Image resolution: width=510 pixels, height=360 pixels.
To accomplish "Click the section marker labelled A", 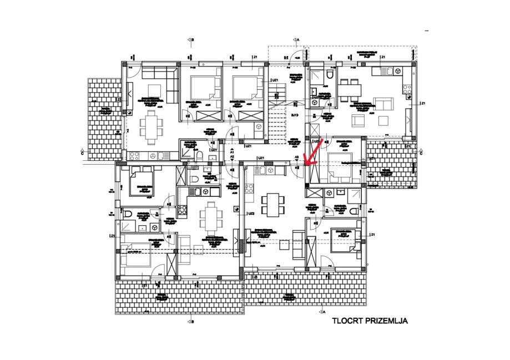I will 297,40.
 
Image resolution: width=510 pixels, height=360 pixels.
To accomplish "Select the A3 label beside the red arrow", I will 297,158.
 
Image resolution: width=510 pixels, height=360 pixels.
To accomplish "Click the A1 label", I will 232,152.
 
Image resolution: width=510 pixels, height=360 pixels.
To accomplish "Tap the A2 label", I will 232,158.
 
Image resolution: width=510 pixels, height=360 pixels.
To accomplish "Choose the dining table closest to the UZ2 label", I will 272,205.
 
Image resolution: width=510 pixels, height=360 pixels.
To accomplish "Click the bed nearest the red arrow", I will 340,165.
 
